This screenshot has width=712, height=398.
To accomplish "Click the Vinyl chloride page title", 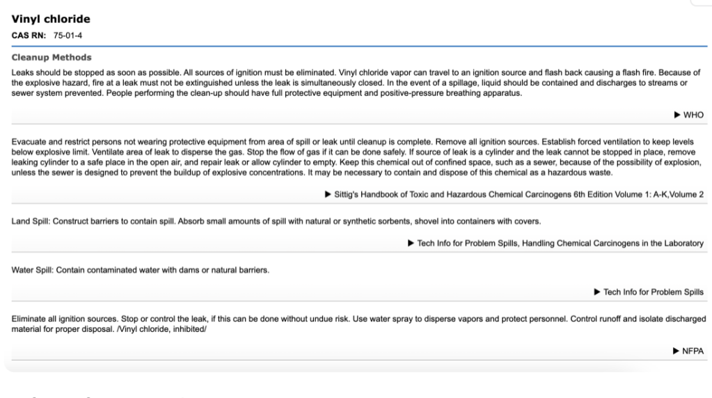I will tap(51, 19).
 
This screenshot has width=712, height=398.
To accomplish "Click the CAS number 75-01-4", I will tap(69, 35).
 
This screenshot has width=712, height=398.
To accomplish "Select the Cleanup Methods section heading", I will tap(52, 57).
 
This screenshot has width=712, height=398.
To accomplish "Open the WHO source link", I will tap(693, 115).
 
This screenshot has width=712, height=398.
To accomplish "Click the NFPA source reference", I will tap(693, 351).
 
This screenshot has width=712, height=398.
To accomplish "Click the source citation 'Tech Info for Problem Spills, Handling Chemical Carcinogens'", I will tap(560, 243).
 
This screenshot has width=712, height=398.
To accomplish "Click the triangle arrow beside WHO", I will tap(678, 115).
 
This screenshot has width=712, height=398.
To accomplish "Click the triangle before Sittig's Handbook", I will tap(329, 194).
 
